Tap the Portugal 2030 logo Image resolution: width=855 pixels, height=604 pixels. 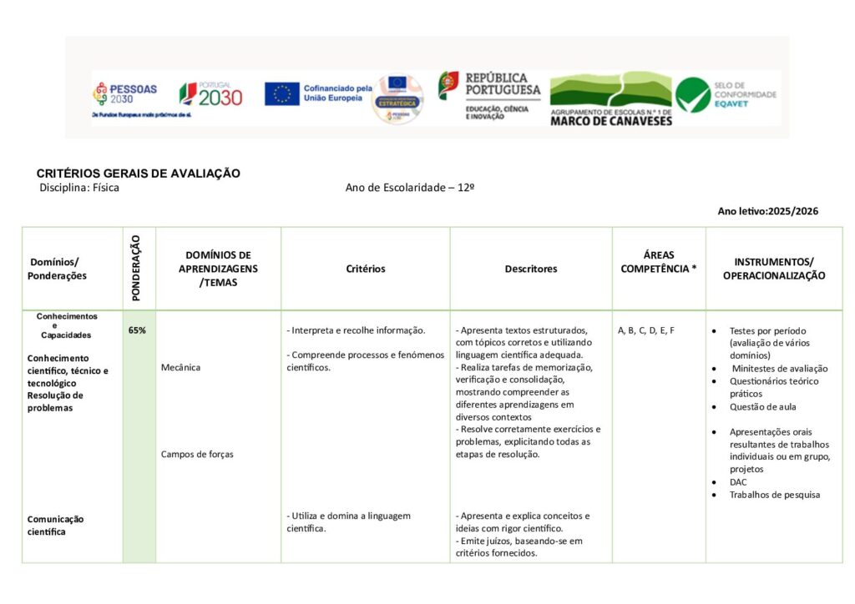coord(211,93)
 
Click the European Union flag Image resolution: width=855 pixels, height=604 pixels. coord(282,93)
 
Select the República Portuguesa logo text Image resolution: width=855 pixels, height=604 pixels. coord(501,85)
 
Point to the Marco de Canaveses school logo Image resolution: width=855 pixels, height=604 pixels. coord(610,98)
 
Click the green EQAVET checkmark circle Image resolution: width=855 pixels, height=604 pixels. coord(693,95)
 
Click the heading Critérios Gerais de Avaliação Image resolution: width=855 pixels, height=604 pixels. coord(139,174)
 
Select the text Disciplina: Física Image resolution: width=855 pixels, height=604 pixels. coord(79,188)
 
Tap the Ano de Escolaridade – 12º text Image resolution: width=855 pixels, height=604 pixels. coord(410,188)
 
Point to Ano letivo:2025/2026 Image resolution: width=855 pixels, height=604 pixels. coord(767,211)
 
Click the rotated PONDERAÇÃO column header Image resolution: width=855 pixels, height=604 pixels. coord(138,268)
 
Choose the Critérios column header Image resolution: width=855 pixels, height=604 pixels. coord(366,269)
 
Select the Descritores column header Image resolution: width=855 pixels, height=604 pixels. coord(530,269)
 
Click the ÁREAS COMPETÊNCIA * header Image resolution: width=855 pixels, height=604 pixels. coord(658,262)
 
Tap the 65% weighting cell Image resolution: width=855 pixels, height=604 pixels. coord(138,330)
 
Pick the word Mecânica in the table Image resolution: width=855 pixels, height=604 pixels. coord(180,367)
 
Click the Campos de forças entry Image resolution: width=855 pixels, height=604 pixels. coord(197,455)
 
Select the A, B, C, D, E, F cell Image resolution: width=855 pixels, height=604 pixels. coord(646,330)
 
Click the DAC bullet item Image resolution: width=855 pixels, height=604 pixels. coord(738,482)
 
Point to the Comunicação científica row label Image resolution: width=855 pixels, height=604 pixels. coord(56,525)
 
